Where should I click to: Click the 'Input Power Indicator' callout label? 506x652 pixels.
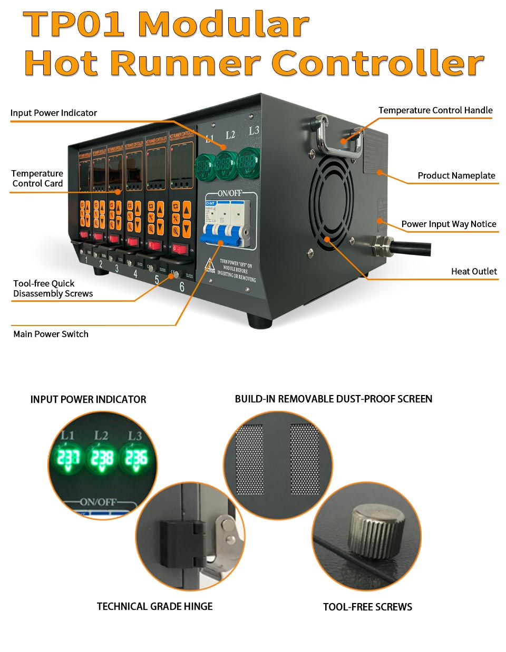pyautogui.click(x=54, y=113)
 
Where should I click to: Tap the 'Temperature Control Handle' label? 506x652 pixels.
pyautogui.click(x=435, y=110)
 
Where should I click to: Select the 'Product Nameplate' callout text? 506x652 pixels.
pyautogui.click(x=456, y=175)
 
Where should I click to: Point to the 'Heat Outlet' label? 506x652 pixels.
pyautogui.click(x=474, y=271)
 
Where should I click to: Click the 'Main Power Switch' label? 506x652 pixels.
pyautogui.click(x=51, y=334)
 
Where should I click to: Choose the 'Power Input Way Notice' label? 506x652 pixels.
pyautogui.click(x=449, y=224)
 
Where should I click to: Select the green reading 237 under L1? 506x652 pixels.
pyautogui.click(x=69, y=459)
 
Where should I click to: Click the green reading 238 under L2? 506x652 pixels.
pyautogui.click(x=102, y=459)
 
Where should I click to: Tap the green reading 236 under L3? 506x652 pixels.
pyautogui.click(x=135, y=459)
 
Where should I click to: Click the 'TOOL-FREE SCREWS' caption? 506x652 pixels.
pyautogui.click(x=367, y=607)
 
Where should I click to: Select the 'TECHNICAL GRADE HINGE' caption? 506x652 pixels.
pyautogui.click(x=154, y=606)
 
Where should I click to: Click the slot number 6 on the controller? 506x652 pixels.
pyautogui.click(x=182, y=287)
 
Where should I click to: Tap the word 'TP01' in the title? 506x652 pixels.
pyautogui.click(x=74, y=24)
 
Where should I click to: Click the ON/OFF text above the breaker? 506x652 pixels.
pyautogui.click(x=229, y=193)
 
